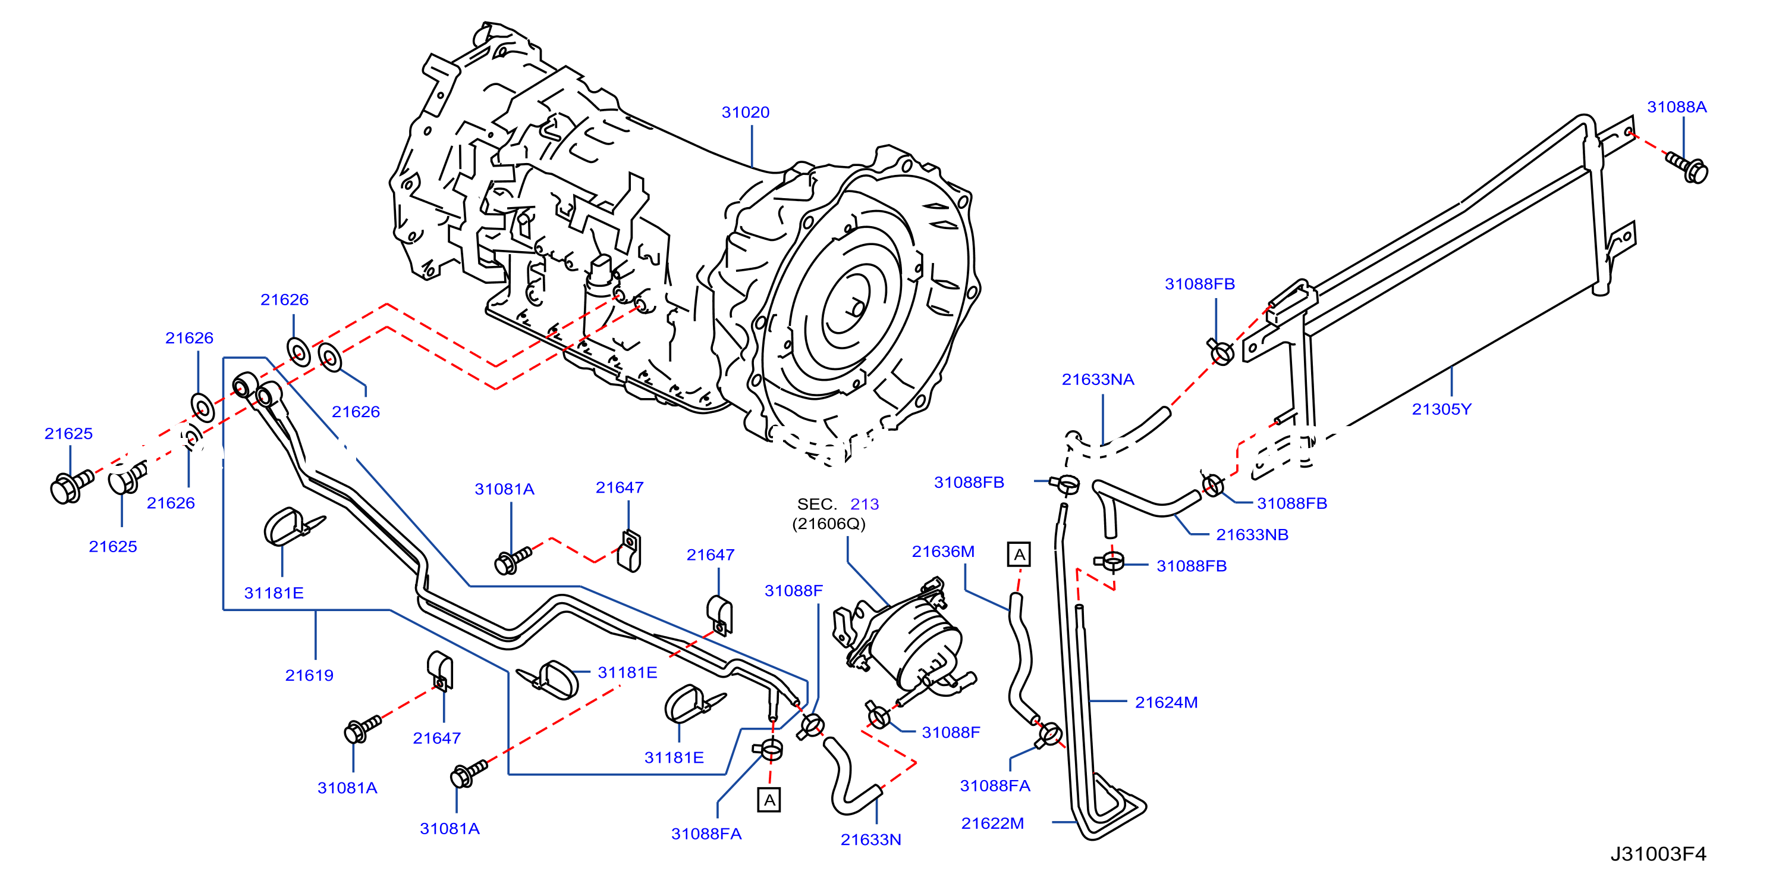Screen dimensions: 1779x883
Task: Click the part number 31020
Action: pos(745,112)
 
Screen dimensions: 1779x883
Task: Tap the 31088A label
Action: pos(1677,107)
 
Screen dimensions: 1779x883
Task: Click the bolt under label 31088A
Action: pos(1687,168)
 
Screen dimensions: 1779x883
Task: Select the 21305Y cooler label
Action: pos(1441,409)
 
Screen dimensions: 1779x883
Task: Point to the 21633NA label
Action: pos(1098,379)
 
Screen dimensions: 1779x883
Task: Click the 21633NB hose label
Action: pos(1252,535)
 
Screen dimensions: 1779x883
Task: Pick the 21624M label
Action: pos(1167,703)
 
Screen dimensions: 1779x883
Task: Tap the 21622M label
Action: pos(992,823)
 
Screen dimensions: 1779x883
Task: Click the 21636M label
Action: pos(944,552)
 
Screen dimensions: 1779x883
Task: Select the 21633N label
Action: pos(871,840)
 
